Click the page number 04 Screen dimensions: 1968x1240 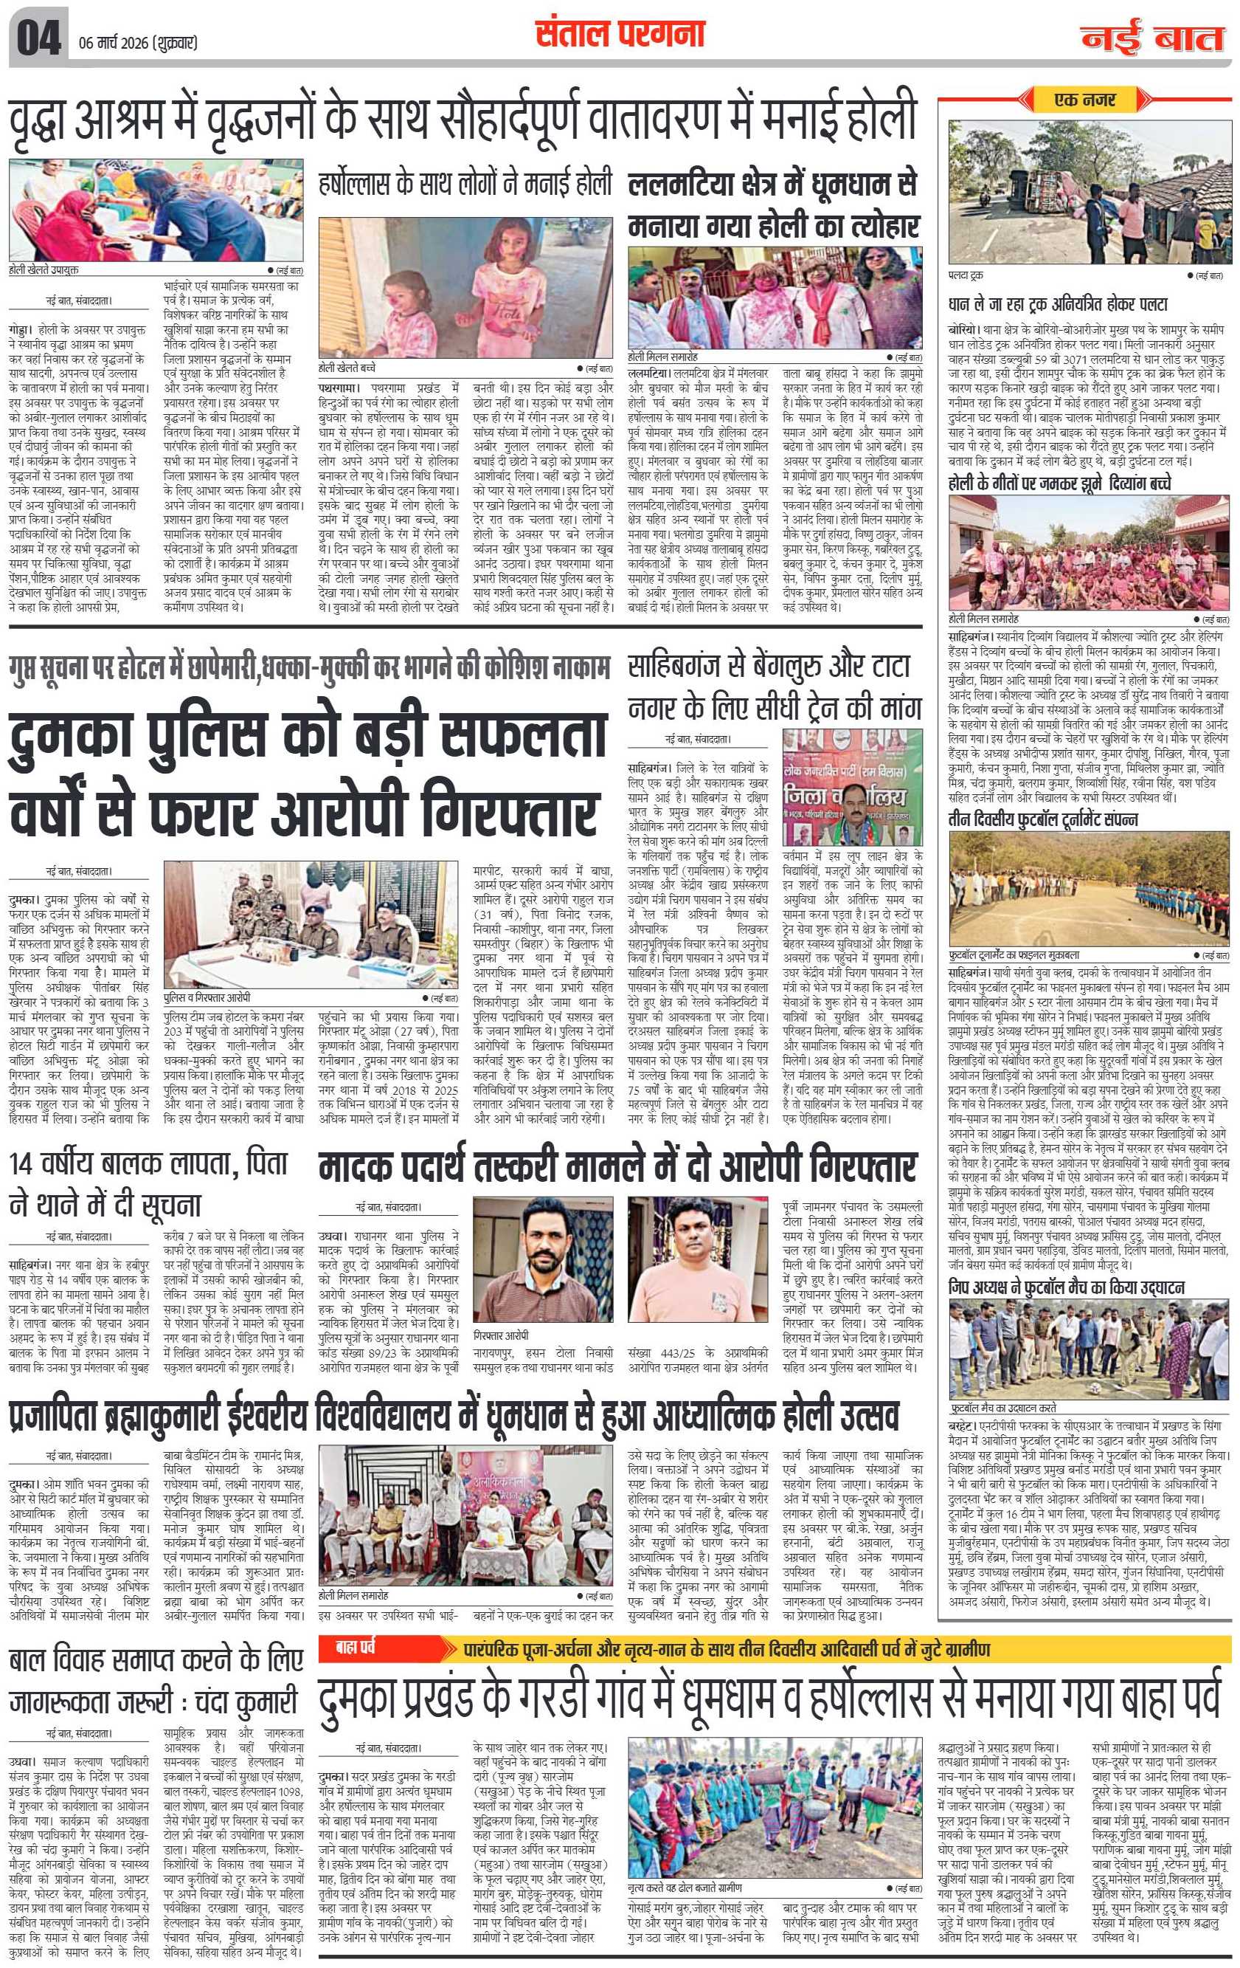[38, 40]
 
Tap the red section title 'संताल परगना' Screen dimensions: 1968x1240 [618, 34]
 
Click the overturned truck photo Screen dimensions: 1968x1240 [1088, 192]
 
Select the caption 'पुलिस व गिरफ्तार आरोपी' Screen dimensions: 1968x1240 [207, 998]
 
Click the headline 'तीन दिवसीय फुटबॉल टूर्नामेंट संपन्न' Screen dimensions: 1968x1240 [1043, 819]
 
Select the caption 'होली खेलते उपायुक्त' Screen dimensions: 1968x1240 [44, 269]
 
